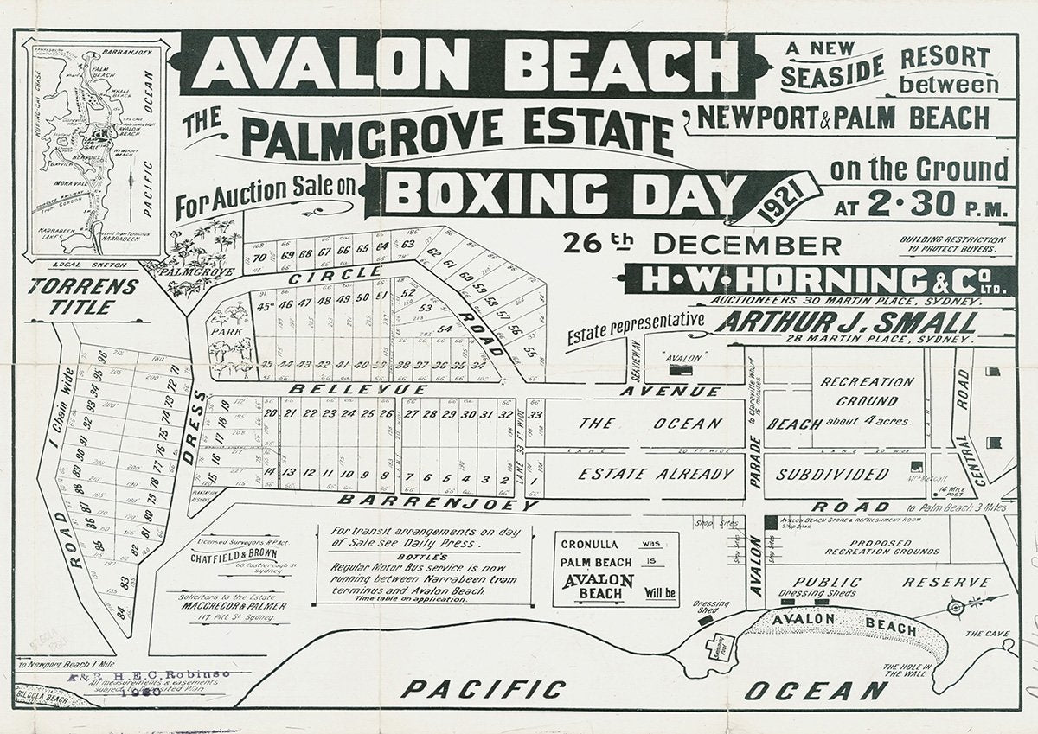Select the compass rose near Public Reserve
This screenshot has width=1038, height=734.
[x=956, y=607]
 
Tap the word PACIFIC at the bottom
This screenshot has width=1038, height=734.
[x=484, y=689]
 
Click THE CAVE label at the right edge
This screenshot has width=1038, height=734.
[x=986, y=634]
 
